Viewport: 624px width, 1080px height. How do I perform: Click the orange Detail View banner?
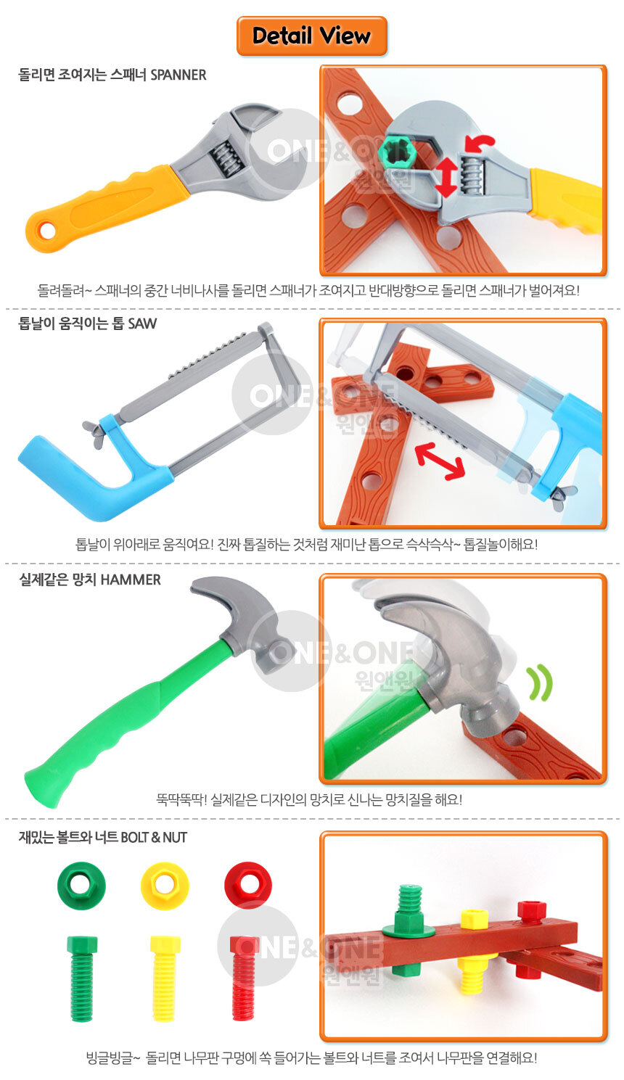pyautogui.click(x=311, y=36)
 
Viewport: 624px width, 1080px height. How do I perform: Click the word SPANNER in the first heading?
pyautogui.click(x=178, y=75)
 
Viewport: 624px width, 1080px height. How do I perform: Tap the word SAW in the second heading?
pyautogui.click(x=142, y=323)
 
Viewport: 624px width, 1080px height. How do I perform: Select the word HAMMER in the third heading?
pyautogui.click(x=131, y=580)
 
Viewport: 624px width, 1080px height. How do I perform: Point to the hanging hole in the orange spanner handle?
pyautogui.click(x=47, y=231)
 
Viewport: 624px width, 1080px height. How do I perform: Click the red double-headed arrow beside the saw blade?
pyautogui.click(x=440, y=461)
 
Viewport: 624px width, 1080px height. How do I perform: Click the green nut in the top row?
pyautogui.click(x=81, y=886)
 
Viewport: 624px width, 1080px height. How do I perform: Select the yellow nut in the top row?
pyautogui.click(x=165, y=886)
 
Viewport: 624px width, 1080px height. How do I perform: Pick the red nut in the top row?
pyautogui.click(x=248, y=885)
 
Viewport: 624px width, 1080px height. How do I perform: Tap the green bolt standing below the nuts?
pyautogui.click(x=82, y=978)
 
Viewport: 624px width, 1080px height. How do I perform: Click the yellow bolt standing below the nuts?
pyautogui.click(x=165, y=978)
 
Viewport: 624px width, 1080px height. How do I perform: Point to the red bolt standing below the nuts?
pyautogui.click(x=244, y=978)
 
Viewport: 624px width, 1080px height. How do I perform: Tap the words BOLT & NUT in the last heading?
pyautogui.click(x=154, y=838)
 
